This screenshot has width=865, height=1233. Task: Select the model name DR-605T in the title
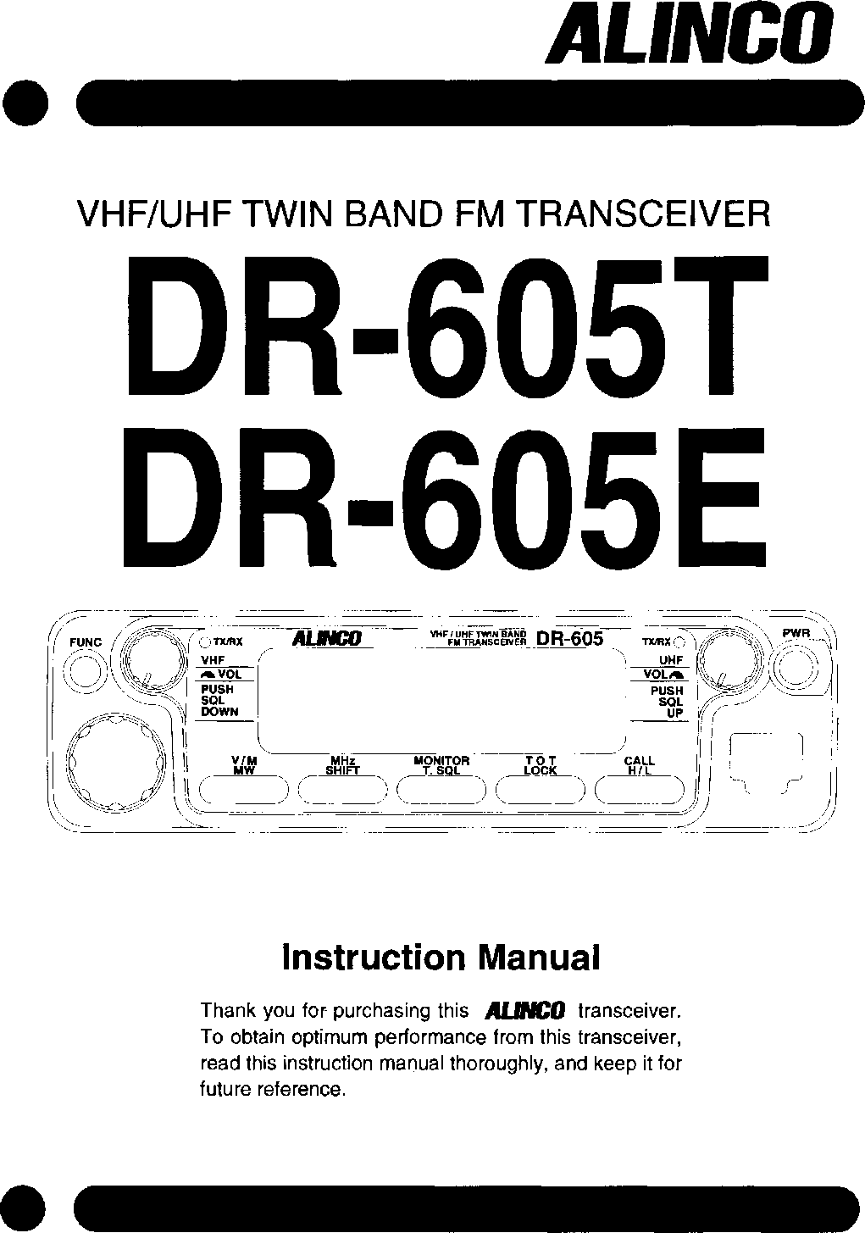tap(447, 325)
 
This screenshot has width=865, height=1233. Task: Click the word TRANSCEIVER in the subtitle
tap(643, 215)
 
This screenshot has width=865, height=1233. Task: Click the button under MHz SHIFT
tap(344, 790)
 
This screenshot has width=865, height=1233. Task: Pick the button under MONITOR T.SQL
tap(441, 790)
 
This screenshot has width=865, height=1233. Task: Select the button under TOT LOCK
tap(541, 790)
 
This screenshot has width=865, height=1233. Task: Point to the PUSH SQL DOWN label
tap(219, 701)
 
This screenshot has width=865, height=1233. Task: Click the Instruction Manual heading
tap(441, 958)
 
